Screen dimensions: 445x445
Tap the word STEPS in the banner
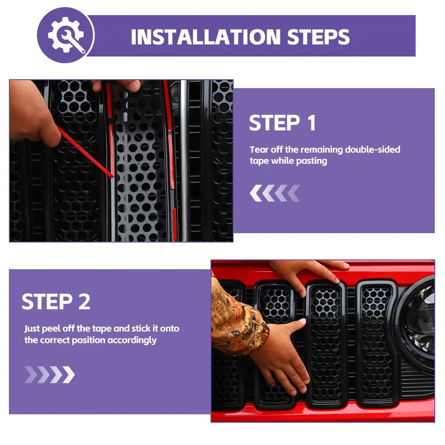(318, 37)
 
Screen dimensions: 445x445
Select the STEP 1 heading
(283, 123)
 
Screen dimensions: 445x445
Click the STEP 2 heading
(56, 301)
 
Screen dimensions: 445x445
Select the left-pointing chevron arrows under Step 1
(275, 193)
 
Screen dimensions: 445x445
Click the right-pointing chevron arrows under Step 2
(50, 375)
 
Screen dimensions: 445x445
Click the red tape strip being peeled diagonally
(85, 152)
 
